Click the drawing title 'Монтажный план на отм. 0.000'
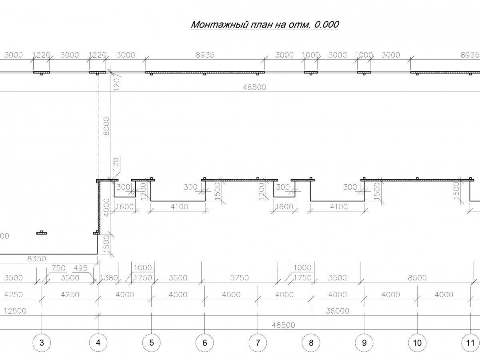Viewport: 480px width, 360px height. [x=265, y=24]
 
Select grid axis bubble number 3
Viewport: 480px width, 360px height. [x=42, y=343]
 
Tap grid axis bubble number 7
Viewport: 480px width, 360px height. [x=258, y=343]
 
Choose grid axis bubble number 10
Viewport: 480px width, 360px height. [x=417, y=343]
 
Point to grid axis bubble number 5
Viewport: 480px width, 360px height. [x=151, y=343]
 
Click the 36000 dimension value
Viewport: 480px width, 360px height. [x=338, y=311]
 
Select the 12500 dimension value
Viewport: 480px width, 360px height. [x=15, y=311]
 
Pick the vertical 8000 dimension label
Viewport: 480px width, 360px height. [x=106, y=126]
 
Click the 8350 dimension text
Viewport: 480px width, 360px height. [x=37, y=259]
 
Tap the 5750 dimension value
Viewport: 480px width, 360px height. [x=240, y=278]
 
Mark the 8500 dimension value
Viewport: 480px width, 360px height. [x=417, y=278]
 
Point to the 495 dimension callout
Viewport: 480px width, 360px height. [x=80, y=268]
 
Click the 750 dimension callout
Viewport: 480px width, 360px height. [x=59, y=268]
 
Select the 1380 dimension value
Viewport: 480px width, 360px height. [x=109, y=278]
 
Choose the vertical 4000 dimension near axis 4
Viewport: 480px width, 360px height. [x=106, y=207]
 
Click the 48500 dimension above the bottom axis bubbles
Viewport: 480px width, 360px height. [x=284, y=325]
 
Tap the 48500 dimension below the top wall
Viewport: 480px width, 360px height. [x=254, y=87]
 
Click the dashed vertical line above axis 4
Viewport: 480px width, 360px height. [x=98, y=126]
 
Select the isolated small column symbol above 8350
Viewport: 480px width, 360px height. [x=42, y=232]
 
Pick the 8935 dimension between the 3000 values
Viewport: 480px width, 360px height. [x=205, y=55]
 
